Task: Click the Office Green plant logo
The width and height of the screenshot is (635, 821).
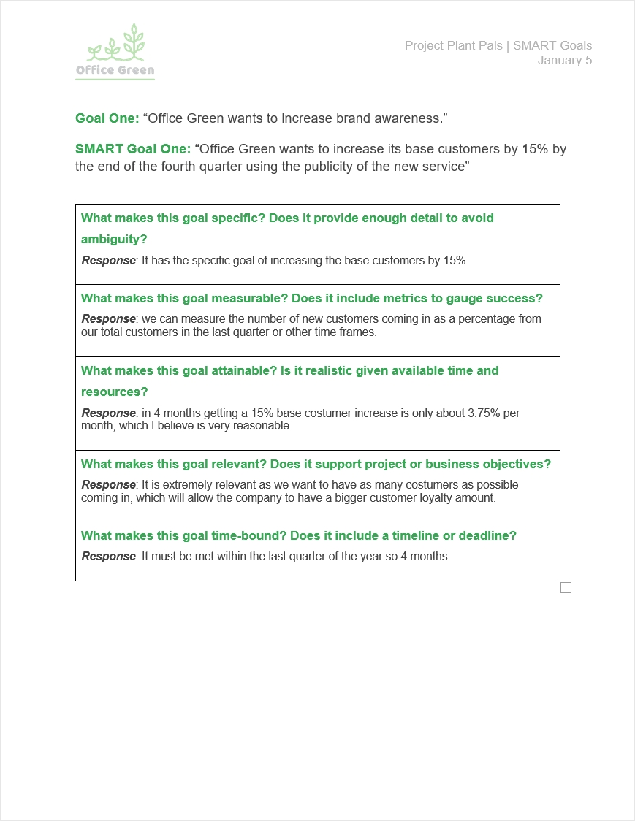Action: (115, 51)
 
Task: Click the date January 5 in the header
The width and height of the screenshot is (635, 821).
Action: (565, 61)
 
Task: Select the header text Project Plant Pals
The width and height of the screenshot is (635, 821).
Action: (453, 46)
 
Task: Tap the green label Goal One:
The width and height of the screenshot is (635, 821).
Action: (107, 118)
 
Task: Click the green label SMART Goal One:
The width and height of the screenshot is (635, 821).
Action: (132, 150)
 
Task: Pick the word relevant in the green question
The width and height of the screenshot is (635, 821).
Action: (237, 464)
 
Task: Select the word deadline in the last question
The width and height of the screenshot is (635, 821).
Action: (485, 535)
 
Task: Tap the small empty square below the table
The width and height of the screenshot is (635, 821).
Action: (566, 587)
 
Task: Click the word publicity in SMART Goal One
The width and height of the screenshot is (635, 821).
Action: (345, 166)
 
